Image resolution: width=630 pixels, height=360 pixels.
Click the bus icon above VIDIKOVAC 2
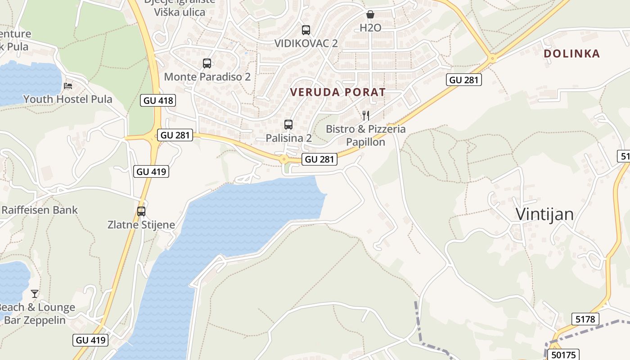[306, 30]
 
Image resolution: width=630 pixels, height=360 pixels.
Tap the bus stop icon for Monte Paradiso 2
[207, 63]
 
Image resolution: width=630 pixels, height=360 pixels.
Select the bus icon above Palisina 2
[288, 124]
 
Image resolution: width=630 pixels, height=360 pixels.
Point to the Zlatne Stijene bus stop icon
[141, 211]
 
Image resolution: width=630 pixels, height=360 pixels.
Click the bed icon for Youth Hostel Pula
[68, 85]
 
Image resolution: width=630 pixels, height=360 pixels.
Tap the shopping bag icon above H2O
[370, 14]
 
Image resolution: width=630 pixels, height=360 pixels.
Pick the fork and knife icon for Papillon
[365, 116]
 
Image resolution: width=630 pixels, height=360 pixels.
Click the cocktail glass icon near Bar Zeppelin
[35, 294]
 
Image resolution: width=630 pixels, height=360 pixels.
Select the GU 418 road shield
[158, 100]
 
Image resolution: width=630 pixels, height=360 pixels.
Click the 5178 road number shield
[585, 319]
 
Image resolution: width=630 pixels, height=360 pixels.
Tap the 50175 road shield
[563, 355]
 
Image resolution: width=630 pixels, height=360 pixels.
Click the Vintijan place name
[544, 214]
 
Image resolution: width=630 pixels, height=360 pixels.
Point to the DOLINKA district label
[571, 54]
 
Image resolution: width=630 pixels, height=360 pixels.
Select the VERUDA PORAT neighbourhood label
[337, 92]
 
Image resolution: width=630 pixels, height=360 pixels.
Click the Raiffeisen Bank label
[40, 210]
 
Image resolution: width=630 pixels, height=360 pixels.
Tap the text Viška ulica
[180, 12]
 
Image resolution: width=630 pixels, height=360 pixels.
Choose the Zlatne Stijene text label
[141, 225]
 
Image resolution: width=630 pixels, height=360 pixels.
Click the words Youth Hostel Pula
[68, 99]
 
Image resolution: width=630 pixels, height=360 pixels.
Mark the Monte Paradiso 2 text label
[207, 77]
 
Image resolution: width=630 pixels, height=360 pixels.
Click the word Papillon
[365, 142]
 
